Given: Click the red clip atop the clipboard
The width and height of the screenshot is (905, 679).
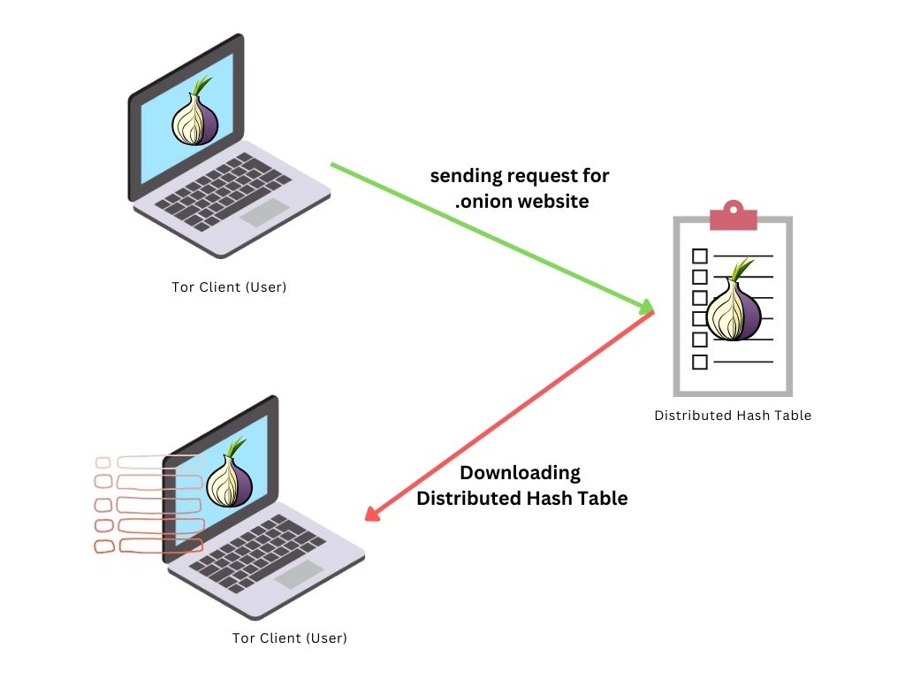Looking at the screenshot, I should (x=734, y=216).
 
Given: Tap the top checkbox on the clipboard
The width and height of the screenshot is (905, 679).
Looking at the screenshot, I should (x=699, y=256).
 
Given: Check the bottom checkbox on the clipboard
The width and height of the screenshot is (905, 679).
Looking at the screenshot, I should (x=699, y=362).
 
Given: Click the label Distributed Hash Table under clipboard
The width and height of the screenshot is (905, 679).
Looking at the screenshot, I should (x=733, y=416).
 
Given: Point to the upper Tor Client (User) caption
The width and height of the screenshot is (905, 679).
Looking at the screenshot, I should (x=229, y=287).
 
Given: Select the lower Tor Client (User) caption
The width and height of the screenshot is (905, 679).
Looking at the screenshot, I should (x=290, y=637).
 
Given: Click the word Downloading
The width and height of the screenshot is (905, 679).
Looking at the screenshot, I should (x=520, y=473).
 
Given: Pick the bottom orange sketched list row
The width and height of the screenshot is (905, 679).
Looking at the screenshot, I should (x=148, y=546).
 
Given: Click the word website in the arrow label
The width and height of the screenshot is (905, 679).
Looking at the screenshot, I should (x=556, y=202).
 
